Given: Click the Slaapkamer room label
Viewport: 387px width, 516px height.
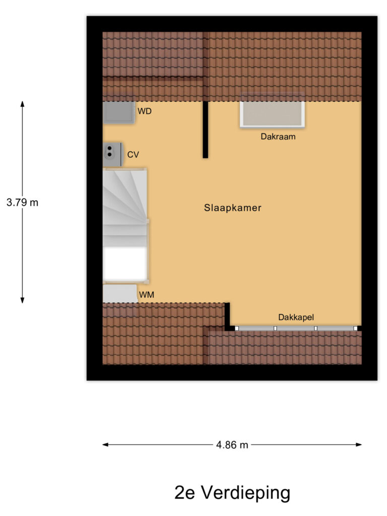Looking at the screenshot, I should pos(233,208).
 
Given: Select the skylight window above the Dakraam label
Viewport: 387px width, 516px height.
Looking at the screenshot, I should pos(273,114).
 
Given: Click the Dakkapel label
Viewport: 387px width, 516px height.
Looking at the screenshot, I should pos(296,317).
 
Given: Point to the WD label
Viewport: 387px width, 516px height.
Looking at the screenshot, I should pos(145,111).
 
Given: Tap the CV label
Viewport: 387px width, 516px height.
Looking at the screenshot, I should pos(133,155).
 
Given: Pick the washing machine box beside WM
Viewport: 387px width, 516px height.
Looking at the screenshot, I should pos(120,293).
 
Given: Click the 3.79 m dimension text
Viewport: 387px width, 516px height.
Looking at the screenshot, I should pos(22,203).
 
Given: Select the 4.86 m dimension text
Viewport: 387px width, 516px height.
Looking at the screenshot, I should pos(232,445).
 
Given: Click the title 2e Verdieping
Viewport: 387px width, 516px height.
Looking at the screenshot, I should pos(232,492).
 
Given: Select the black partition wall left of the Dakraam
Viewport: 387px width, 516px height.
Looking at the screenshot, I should pos(206,130).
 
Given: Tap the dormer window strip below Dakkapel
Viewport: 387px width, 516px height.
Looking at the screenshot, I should pos(296,329).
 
